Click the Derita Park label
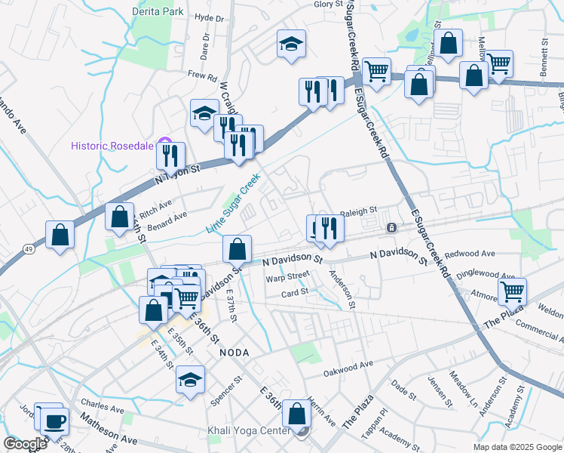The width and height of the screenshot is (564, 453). [158, 12]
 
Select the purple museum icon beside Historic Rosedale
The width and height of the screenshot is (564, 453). [167, 145]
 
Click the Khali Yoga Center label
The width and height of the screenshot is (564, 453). [249, 431]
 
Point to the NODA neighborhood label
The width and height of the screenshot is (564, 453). [234, 353]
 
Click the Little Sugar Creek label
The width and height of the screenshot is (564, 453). [233, 203]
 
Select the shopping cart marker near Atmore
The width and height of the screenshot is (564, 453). [512, 290]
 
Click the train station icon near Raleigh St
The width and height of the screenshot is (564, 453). [391, 227]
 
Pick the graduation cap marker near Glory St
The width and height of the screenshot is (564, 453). [290, 45]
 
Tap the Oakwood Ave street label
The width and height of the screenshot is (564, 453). [348, 366]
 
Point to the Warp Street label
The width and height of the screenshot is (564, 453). [287, 277]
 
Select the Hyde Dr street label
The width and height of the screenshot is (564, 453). [210, 18]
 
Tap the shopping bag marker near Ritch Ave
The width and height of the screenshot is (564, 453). [120, 217]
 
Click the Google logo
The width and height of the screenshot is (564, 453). [25, 444]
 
